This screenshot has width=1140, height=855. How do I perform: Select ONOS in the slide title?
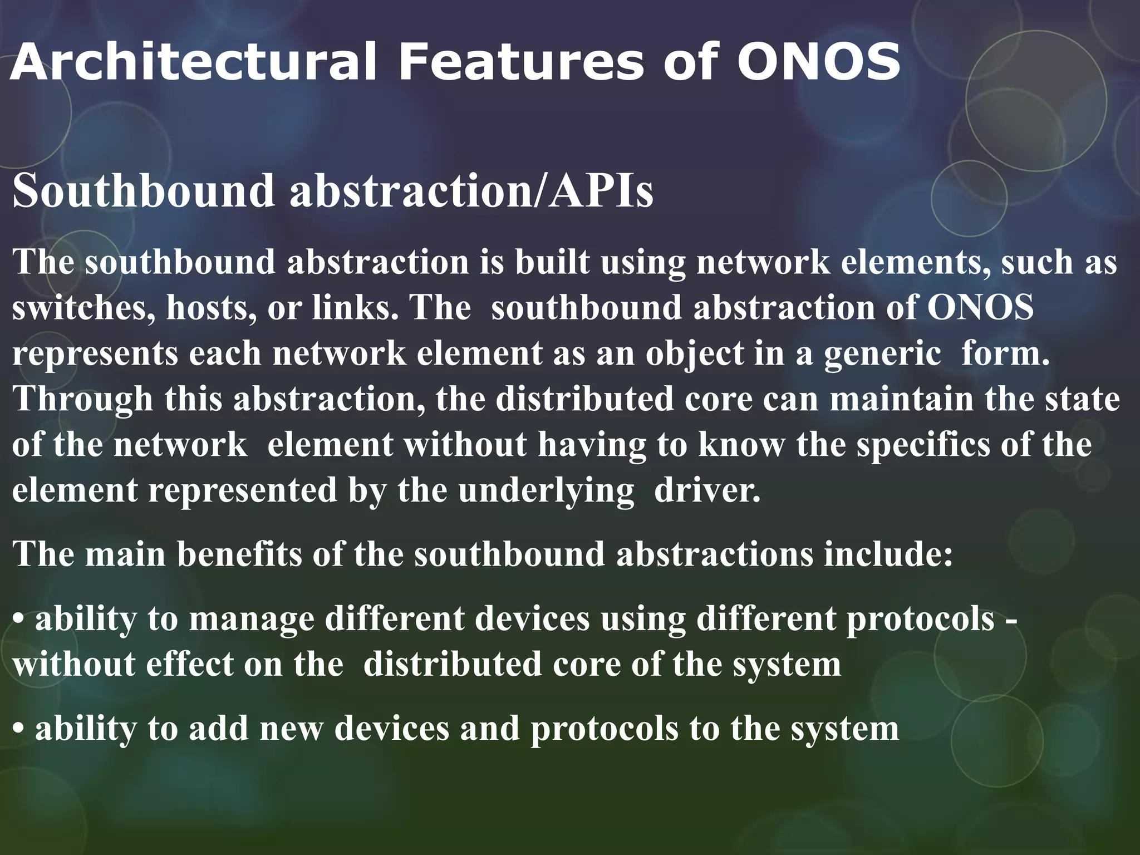(818, 62)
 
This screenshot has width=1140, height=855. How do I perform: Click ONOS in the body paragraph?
(980, 308)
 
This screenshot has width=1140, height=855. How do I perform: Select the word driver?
(707, 491)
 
